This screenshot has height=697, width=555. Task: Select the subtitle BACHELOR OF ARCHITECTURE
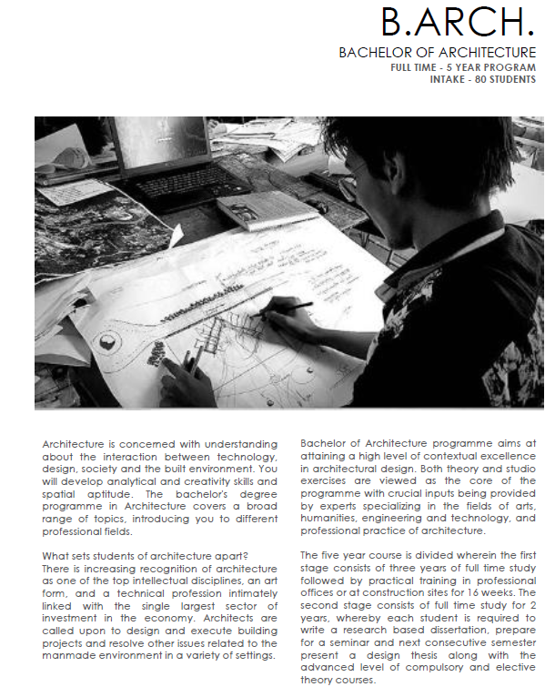pos(437,53)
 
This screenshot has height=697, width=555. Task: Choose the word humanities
pos(332,515)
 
